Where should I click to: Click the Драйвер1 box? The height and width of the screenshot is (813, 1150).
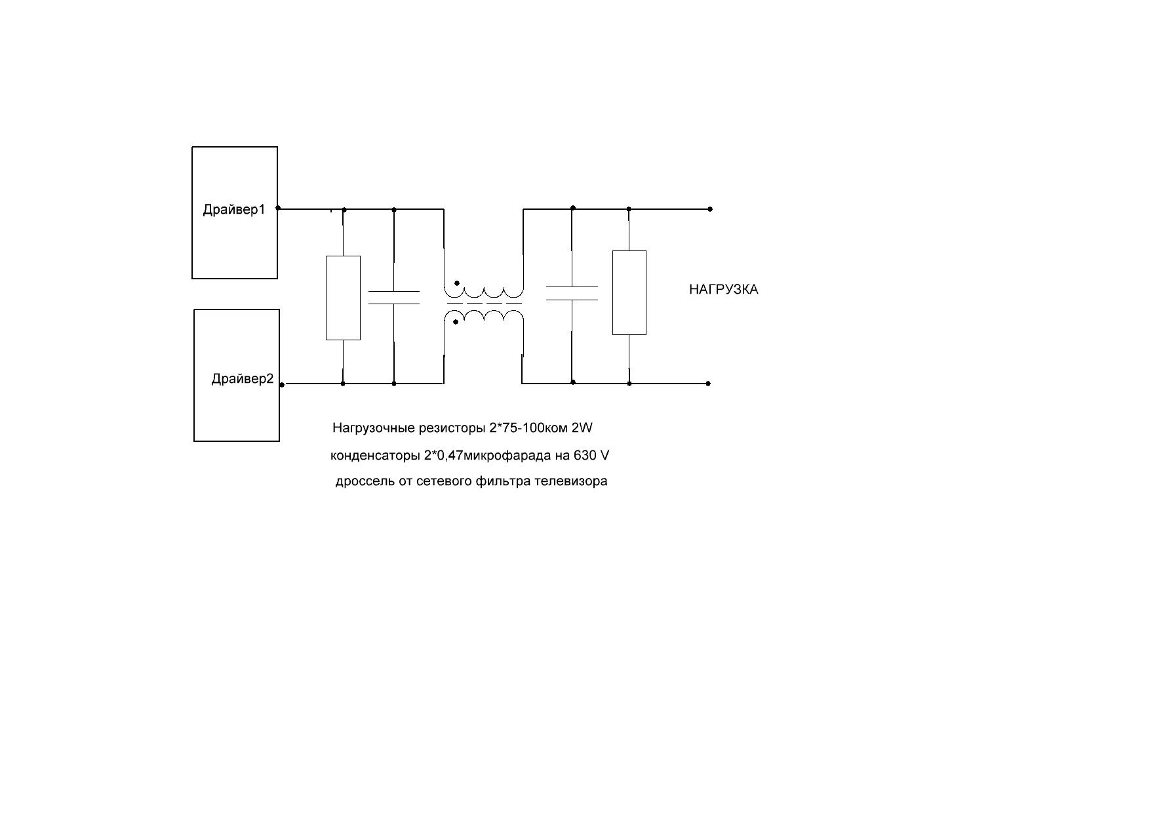click(x=235, y=212)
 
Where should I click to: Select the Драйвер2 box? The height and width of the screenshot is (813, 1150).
click(x=237, y=375)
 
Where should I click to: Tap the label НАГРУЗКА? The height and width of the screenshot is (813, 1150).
click(x=724, y=290)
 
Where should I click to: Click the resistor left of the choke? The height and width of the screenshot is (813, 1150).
click(x=344, y=298)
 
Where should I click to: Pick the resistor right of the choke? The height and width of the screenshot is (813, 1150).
click(x=629, y=292)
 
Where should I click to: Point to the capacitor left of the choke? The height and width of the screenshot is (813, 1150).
click(x=394, y=297)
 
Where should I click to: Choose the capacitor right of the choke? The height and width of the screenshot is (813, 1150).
click(x=572, y=293)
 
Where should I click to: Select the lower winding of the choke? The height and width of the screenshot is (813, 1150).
click(x=485, y=317)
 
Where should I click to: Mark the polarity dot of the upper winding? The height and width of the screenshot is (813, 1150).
click(x=457, y=285)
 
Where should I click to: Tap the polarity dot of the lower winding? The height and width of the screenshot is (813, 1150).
click(x=457, y=322)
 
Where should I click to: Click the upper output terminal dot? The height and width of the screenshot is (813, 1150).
click(x=710, y=210)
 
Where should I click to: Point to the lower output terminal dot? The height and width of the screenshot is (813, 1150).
click(x=709, y=384)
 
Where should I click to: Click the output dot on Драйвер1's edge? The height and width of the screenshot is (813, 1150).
click(x=278, y=208)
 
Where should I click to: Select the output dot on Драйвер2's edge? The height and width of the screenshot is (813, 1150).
click(x=281, y=385)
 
